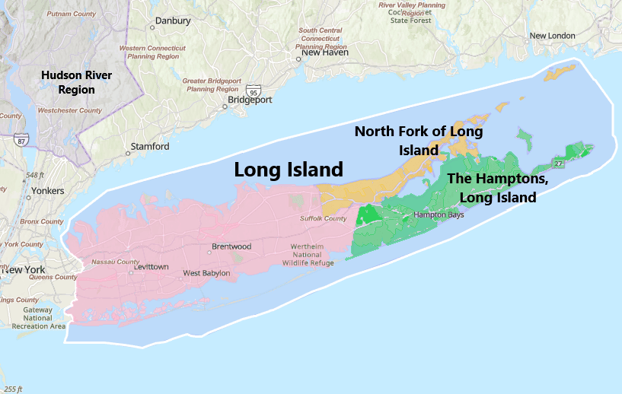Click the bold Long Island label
coord(289,170)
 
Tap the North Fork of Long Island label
coord(419,140)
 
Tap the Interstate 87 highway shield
coord(21,141)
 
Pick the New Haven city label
coord(325,52)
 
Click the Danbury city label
coord(173,21)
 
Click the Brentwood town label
coord(231,246)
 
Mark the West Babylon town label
coord(206,273)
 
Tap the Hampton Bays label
coord(439,215)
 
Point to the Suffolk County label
coord(323,218)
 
